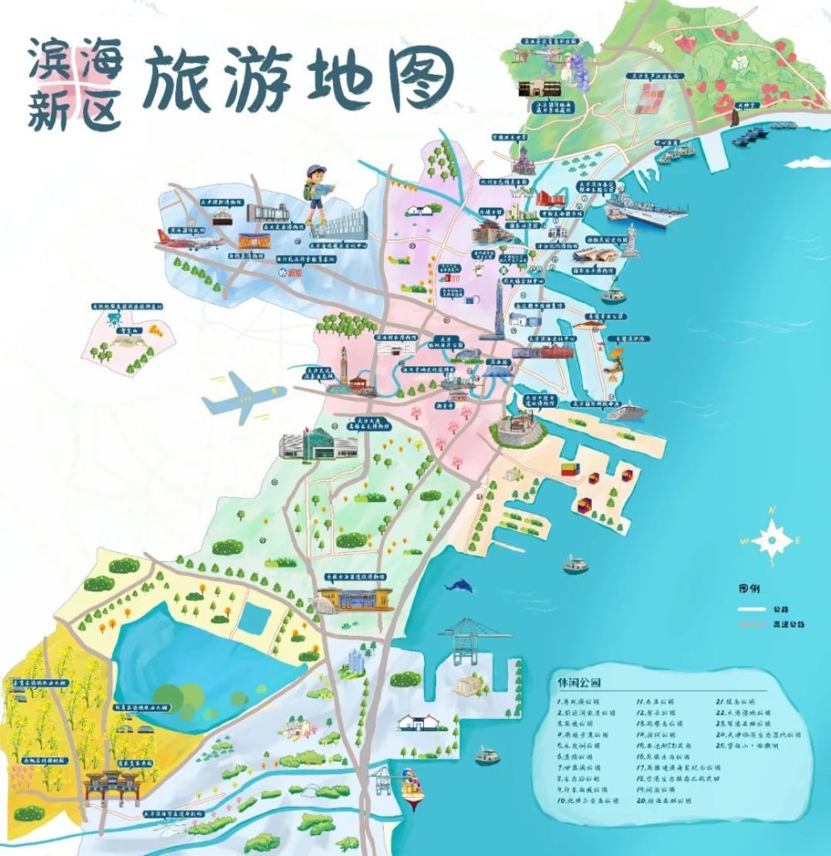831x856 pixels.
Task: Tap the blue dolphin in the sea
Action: tap(455, 586)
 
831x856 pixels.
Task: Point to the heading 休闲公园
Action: tap(579, 682)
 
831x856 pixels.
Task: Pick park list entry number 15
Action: tap(665, 745)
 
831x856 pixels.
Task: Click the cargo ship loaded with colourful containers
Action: tap(413, 787)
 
